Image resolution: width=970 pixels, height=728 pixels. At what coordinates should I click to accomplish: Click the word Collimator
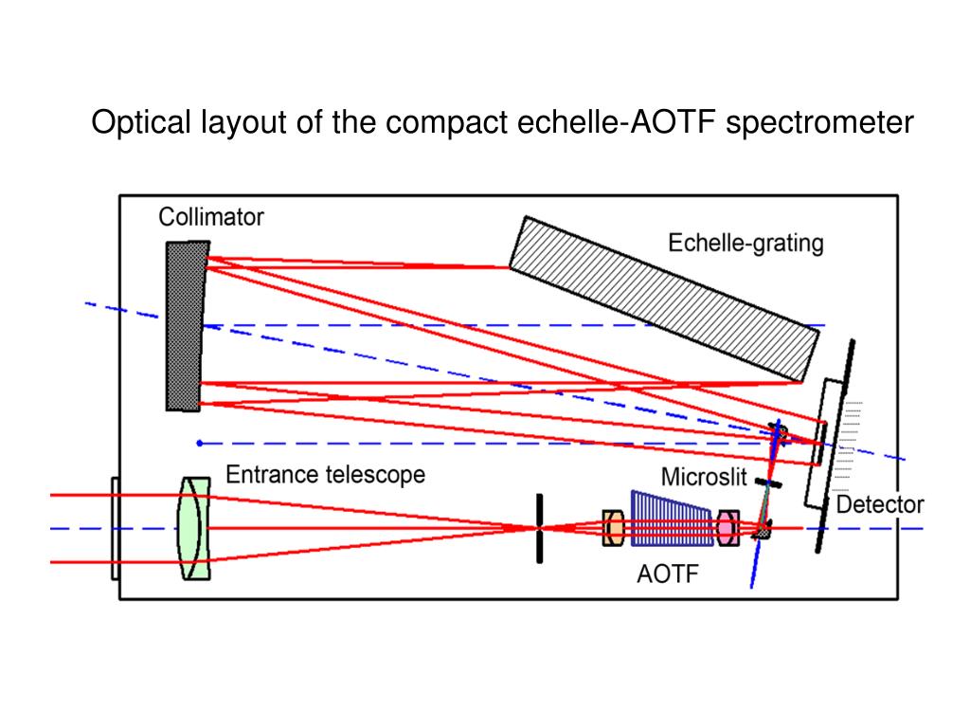pyautogui.click(x=210, y=217)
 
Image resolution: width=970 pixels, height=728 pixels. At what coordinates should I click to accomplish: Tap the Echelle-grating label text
pyautogui.click(x=745, y=243)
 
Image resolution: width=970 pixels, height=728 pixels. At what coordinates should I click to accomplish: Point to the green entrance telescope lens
pyautogui.click(x=194, y=528)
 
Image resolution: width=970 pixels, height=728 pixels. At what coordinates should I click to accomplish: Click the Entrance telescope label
pyautogui.click(x=325, y=473)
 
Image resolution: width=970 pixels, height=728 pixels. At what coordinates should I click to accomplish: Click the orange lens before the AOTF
pyautogui.click(x=612, y=528)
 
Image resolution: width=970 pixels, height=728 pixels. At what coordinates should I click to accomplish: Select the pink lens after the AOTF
pyautogui.click(x=727, y=528)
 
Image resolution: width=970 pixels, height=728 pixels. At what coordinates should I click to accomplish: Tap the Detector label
pyautogui.click(x=880, y=503)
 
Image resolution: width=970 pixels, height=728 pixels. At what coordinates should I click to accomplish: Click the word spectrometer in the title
pyautogui.click(x=819, y=122)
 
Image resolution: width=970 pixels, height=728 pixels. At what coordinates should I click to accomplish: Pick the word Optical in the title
pyautogui.click(x=139, y=122)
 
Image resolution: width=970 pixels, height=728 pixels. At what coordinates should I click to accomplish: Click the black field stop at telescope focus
pyautogui.click(x=539, y=528)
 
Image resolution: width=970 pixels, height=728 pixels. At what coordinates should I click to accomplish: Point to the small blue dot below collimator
pyautogui.click(x=199, y=443)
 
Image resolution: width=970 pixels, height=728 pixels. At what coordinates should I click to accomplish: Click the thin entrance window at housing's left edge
pyautogui.click(x=115, y=528)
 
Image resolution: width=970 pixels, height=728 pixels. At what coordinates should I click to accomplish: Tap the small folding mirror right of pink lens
pyautogui.click(x=761, y=533)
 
